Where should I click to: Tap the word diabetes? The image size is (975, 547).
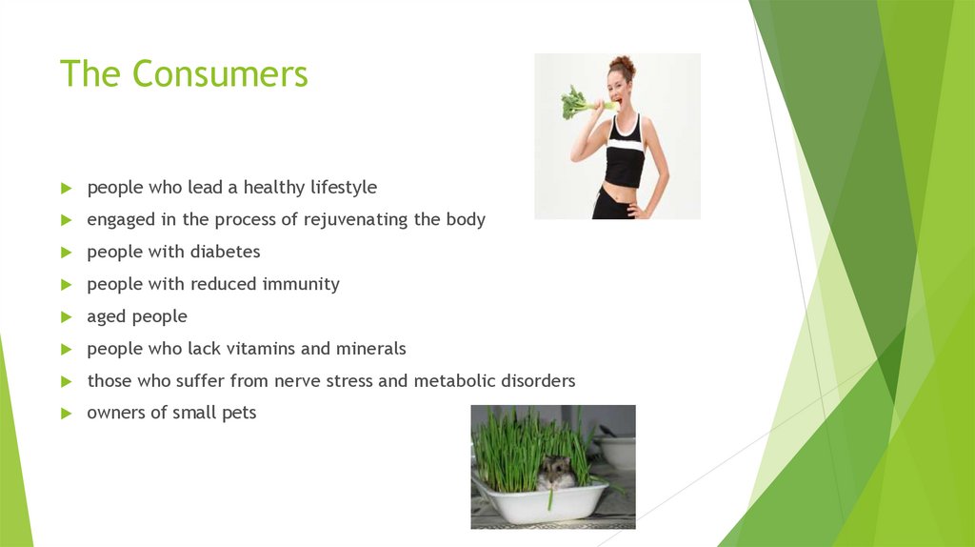[226, 253]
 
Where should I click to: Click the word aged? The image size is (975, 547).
[106, 317]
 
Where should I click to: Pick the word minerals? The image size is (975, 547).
[371, 349]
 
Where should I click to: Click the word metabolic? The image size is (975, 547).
[453, 381]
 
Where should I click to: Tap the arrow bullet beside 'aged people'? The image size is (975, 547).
[66, 316]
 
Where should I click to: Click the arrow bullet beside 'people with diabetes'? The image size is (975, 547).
[66, 253]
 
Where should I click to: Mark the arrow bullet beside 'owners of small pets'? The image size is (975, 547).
[66, 414]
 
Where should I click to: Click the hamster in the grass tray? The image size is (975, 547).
[554, 472]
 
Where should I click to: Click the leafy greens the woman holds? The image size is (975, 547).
[576, 101]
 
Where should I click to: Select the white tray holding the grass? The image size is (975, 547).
[541, 502]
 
